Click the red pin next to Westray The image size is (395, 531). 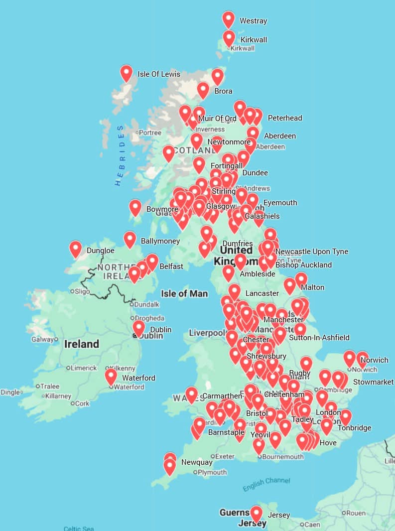click(x=228, y=19)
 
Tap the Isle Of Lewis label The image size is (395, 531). click(x=159, y=74)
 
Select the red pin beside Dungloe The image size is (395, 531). click(x=76, y=249)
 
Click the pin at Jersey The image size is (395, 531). click(x=256, y=514)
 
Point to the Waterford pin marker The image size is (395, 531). click(x=111, y=376)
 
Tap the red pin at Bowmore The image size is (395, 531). click(x=135, y=207)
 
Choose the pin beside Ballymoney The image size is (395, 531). click(x=130, y=239)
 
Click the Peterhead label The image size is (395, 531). click(x=285, y=118)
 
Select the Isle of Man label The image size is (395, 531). click(x=184, y=293)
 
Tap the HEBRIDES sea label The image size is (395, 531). click(x=120, y=155)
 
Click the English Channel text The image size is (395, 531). click(x=266, y=484)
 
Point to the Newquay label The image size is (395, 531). click(x=197, y=462)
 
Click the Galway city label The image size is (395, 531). click(x=42, y=339)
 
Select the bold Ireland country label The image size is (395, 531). click(x=82, y=344)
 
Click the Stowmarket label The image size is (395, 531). click(x=373, y=382)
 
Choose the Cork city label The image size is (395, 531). click(x=83, y=403)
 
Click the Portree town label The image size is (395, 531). click(x=150, y=133)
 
